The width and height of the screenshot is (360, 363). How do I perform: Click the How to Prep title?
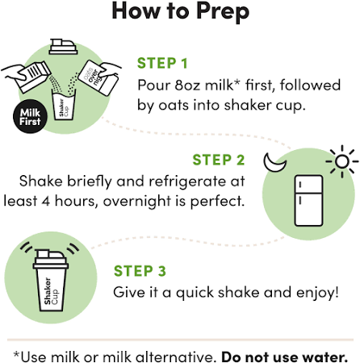tap(180, 11)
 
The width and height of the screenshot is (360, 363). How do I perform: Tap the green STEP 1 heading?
tap(162, 64)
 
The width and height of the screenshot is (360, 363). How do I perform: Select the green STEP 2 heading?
tap(219, 160)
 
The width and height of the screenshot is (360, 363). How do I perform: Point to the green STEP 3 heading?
tap(140, 271)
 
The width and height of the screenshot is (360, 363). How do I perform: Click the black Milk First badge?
tap(30, 117)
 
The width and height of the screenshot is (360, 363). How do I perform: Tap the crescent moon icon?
tap(274, 163)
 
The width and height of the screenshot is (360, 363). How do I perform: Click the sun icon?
tap(342, 161)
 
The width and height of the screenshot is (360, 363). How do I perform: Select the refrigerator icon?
tap(308, 201)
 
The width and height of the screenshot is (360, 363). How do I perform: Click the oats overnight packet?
tap(98, 77)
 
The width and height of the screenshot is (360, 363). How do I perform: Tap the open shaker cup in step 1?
tap(64, 105)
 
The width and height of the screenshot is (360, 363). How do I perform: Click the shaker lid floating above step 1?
tap(64, 46)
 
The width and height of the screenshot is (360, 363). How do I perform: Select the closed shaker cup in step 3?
tap(51, 280)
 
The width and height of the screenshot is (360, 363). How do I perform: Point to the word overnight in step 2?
tap(137, 202)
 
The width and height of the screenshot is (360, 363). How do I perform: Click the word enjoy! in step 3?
tap(317, 293)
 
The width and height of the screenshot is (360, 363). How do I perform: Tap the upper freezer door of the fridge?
tap(308, 184)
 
